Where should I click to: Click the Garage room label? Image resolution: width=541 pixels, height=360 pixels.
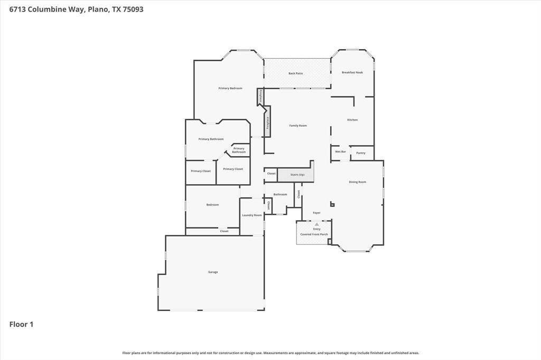tap(213, 272)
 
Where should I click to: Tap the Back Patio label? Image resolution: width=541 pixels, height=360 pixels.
tap(296, 73)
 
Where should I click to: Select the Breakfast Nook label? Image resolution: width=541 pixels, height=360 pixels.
tap(352, 72)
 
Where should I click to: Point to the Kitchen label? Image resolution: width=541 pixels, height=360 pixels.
tap(352, 120)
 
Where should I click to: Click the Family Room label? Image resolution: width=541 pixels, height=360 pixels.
tap(298, 126)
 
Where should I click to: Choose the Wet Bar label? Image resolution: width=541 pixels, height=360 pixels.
tap(340, 151)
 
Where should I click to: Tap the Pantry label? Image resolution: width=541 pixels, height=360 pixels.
tap(360, 153)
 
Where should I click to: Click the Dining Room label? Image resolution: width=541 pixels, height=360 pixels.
tap(358, 182)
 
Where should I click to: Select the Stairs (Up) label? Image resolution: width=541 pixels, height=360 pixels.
tap(297, 175)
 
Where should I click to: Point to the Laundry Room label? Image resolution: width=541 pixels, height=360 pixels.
tap(252, 215)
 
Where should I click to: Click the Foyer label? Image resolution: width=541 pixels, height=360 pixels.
tap(317, 213)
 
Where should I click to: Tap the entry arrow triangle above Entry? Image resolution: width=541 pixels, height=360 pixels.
tap(317, 224)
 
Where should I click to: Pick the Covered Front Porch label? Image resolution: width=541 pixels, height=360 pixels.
tap(314, 234)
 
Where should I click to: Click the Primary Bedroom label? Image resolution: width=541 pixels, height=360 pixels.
tap(230, 88)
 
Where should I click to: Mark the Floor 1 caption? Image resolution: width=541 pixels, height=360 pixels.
tap(21, 324)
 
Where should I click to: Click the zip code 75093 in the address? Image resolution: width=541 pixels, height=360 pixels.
tap(133, 10)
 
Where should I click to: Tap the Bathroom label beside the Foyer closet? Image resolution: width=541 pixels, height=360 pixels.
tap(280, 194)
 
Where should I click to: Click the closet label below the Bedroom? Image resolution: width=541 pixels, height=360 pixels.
tap(224, 231)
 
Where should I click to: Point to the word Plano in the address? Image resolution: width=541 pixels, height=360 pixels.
tap(99, 10)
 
